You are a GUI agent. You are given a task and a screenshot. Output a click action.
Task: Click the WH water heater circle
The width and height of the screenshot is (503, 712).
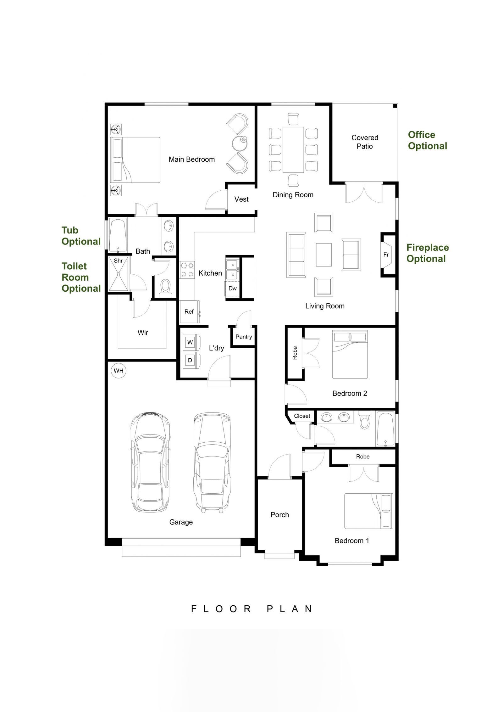click(x=118, y=371)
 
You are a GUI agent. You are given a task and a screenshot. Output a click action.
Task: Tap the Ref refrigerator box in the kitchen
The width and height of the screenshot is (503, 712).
click(x=189, y=311)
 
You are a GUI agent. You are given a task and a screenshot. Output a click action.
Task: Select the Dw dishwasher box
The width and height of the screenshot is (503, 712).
click(x=232, y=289)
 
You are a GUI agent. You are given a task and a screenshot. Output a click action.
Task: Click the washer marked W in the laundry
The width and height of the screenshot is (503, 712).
click(x=190, y=342)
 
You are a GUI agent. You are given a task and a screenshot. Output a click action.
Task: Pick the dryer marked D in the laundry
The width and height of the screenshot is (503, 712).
click(x=190, y=360)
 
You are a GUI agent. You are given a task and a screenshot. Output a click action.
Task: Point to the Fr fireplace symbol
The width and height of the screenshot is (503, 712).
click(x=386, y=255)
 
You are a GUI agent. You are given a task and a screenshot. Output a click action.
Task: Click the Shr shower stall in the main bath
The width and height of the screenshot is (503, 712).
click(x=118, y=274)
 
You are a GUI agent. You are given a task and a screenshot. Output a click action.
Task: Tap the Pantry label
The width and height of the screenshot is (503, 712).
click(x=244, y=337)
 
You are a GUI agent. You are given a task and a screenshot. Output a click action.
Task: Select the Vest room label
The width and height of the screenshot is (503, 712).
click(x=241, y=199)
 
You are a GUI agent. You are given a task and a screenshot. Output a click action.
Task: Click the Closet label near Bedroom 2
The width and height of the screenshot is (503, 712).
click(x=302, y=416)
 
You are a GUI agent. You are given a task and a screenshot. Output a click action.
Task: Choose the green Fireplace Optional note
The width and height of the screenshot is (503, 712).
click(x=427, y=253)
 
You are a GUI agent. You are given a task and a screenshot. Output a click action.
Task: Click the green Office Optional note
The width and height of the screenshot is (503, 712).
click(x=427, y=140)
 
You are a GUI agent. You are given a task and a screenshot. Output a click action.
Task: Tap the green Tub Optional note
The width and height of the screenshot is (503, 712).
click(x=81, y=236)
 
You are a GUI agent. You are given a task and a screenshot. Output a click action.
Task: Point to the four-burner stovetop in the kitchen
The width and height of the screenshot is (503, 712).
click(x=187, y=270)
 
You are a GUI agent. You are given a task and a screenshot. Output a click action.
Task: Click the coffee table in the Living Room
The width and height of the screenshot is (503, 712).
click(x=323, y=255)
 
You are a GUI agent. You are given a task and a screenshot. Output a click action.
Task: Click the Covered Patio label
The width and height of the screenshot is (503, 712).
click(x=365, y=142)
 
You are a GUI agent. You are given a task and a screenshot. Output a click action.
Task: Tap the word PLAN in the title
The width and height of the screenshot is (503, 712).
click(x=290, y=609)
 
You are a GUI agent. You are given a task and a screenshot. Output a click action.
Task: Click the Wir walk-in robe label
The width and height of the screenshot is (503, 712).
click(x=143, y=333)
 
